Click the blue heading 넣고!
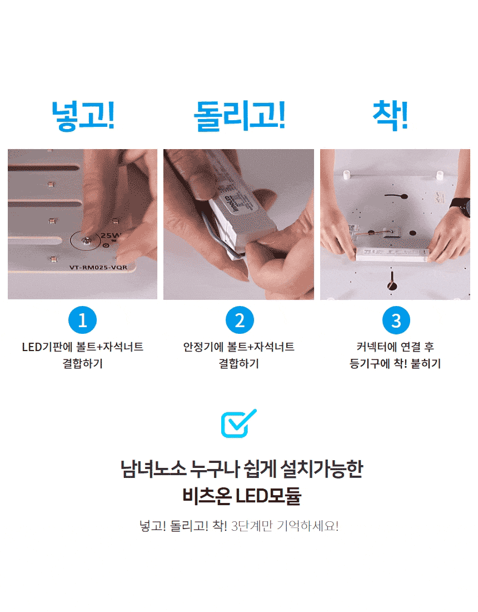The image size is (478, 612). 83,115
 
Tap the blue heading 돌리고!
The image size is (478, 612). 240,115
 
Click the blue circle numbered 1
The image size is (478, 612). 82,320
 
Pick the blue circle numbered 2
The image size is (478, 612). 240,320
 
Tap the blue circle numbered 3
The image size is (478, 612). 396,320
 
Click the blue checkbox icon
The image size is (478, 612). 238,423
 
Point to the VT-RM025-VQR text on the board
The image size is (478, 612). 98,268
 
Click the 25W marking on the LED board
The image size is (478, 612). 111,235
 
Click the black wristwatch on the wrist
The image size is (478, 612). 460,207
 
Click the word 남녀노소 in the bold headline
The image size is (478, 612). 153,469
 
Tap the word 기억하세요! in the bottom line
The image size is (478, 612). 307,526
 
